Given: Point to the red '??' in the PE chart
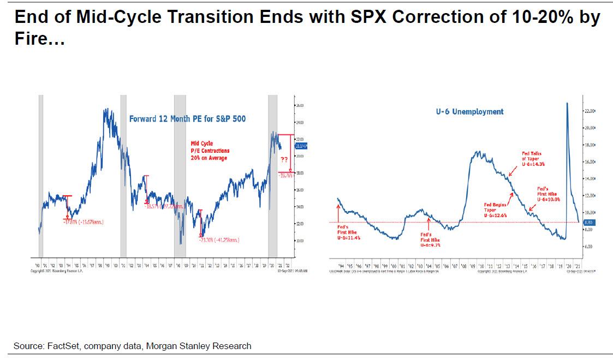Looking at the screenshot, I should [285, 160].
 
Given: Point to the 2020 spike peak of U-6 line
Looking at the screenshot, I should [567, 103].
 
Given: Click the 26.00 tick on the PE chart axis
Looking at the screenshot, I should [300, 105].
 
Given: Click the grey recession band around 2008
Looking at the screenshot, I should [180, 175].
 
